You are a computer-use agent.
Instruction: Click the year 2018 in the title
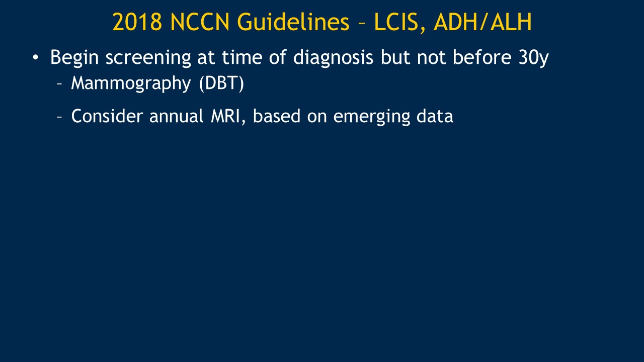pyautogui.click(x=137, y=22)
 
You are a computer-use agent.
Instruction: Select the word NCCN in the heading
pyautogui.click(x=200, y=22)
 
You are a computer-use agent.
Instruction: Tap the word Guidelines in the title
pyautogui.click(x=293, y=22)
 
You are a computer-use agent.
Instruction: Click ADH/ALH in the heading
pyautogui.click(x=482, y=22)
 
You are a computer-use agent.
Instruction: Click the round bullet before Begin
pyautogui.click(x=35, y=57)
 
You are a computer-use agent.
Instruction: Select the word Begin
pyautogui.click(x=74, y=58)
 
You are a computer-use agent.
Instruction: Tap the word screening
pyautogui.click(x=148, y=58)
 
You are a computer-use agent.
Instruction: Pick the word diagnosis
pyautogui.click(x=333, y=58)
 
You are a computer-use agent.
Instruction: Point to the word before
pyautogui.click(x=482, y=57)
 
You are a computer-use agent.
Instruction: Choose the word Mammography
pyautogui.click(x=131, y=83)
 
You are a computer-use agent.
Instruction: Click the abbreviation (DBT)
pyautogui.click(x=221, y=83)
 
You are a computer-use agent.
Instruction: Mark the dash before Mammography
pyautogui.click(x=59, y=84)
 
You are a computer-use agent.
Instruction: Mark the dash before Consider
pyautogui.click(x=59, y=117)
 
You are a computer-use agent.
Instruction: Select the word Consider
pyautogui.click(x=107, y=116)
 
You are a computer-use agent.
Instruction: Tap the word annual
pyautogui.click(x=176, y=116)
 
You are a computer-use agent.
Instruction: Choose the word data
pyautogui.click(x=435, y=116)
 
